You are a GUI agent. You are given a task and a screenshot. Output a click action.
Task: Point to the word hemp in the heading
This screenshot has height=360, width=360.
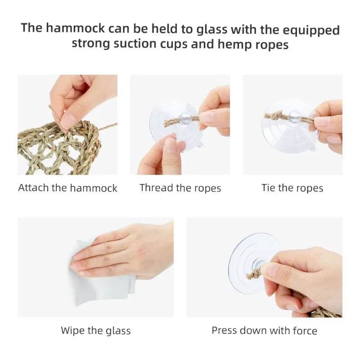click(x=240, y=45)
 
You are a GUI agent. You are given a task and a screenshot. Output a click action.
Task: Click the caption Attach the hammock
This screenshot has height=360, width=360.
click(x=67, y=188)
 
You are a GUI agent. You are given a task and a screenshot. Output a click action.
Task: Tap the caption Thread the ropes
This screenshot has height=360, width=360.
click(x=180, y=188)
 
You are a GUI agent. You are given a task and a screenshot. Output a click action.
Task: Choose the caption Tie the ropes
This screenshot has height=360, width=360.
click(x=292, y=188)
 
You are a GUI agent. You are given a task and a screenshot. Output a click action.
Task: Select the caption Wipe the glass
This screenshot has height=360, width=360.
click(x=96, y=331)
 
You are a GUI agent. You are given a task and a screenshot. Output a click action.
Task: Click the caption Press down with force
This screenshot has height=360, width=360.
click(x=264, y=331)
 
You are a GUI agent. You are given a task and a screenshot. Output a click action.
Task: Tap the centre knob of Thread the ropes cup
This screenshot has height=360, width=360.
click(x=184, y=118)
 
